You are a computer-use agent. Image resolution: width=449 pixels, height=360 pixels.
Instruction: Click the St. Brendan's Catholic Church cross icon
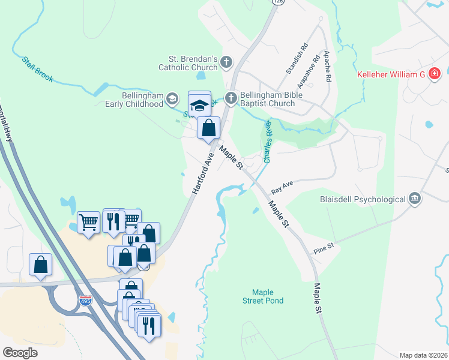pos(226,61)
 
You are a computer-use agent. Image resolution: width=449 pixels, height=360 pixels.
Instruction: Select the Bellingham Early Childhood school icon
pos(172,98)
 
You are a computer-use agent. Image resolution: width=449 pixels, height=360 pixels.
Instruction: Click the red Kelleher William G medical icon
pos(434,74)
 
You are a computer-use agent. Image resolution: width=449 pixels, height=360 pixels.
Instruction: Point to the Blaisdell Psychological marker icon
pos(414,198)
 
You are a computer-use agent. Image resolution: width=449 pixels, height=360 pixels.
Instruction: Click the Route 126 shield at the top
pos(277,2)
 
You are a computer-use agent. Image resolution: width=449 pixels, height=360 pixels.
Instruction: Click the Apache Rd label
pos(328,66)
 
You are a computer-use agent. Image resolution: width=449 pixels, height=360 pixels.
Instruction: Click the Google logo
pos(20,352)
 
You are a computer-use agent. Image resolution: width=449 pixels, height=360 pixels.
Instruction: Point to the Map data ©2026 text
pos(423,355)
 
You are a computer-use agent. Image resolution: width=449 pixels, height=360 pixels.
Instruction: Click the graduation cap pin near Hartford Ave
pos(199,104)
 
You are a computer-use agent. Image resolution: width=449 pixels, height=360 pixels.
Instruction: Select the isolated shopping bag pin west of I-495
pos(40,265)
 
